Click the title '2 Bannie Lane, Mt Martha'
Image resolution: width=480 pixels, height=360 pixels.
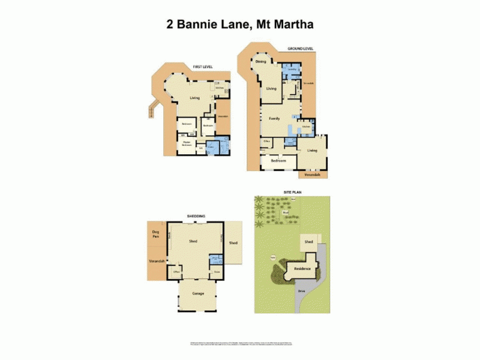pyautogui.click(x=240, y=25)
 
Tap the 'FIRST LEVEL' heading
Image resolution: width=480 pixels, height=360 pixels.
pyautogui.click(x=202, y=67)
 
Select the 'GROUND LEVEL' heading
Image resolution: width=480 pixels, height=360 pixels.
pyautogui.click(x=301, y=48)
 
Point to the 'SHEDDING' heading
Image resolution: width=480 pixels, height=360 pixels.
pyautogui.click(x=197, y=216)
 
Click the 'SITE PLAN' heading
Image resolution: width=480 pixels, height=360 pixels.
pyautogui.click(x=292, y=193)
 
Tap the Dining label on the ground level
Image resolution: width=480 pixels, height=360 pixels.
pyautogui.click(x=260, y=62)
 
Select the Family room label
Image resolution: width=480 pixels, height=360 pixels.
pyautogui.click(x=274, y=119)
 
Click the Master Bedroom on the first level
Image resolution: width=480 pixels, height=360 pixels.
pyautogui.click(x=187, y=145)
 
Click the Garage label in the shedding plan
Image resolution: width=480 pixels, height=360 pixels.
pyautogui.click(x=198, y=294)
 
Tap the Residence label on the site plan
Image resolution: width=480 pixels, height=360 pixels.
pyautogui.click(x=302, y=268)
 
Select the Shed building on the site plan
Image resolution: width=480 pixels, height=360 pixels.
pyautogui.click(x=309, y=242)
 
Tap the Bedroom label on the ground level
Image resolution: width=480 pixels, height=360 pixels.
pyautogui.click(x=278, y=161)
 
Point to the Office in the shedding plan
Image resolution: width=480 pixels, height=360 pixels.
pyautogui.click(x=177, y=272)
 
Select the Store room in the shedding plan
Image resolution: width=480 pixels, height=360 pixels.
pyautogui.click(x=217, y=271)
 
